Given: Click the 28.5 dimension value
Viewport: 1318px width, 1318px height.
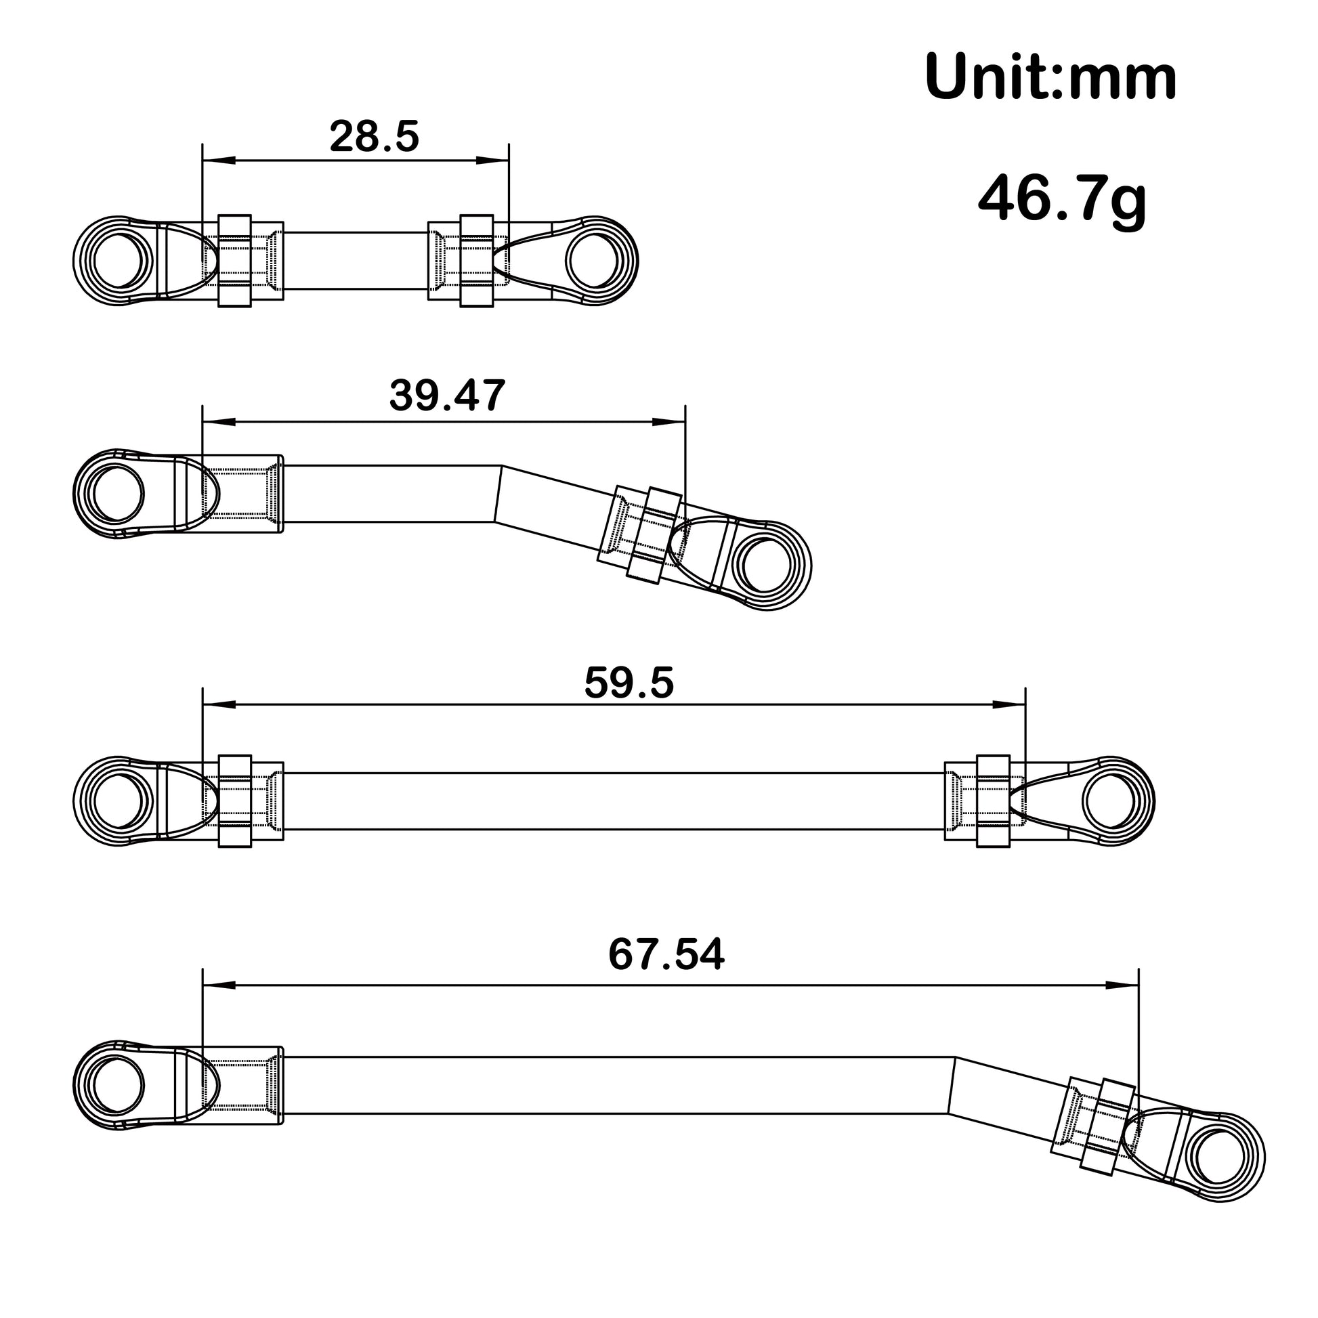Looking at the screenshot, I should [374, 136].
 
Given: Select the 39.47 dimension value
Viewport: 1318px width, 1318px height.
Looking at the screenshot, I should [447, 395].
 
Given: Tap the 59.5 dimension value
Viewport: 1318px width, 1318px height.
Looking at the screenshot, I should [629, 683].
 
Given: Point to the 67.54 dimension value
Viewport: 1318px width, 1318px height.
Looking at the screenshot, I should [666, 954].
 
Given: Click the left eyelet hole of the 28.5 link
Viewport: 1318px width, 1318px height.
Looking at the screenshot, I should [118, 261].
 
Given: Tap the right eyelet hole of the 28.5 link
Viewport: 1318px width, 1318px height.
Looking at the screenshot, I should [592, 261].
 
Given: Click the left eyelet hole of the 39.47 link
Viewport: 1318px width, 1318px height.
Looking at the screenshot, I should [117, 494].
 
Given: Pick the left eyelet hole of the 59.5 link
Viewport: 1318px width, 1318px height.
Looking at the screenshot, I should [118, 801].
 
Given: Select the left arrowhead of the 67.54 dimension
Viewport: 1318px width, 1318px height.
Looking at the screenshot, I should [219, 985].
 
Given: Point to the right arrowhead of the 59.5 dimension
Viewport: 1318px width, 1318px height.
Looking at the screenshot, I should [1009, 704].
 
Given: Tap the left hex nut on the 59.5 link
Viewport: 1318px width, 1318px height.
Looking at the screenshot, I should [234, 801].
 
